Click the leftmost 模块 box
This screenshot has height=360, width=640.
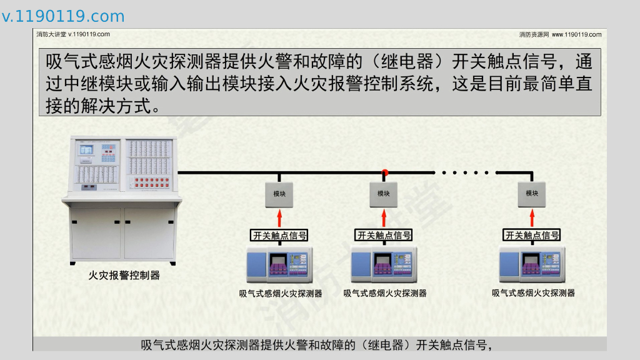click(279, 194)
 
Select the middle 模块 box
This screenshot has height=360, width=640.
click(384, 194)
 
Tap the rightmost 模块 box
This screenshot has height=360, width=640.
click(532, 194)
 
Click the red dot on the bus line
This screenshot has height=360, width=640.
click(385, 172)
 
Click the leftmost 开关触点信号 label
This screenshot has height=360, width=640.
click(279, 236)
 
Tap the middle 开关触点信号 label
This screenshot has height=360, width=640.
click(384, 236)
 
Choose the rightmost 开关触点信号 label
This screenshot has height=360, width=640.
click(532, 236)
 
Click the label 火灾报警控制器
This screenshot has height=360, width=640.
click(124, 275)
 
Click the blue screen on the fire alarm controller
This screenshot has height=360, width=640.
click(86, 149)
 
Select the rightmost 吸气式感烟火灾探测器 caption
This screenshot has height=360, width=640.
click(533, 292)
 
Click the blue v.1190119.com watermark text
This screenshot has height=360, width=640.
click(63, 17)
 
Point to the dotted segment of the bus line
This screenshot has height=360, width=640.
click(465, 172)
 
